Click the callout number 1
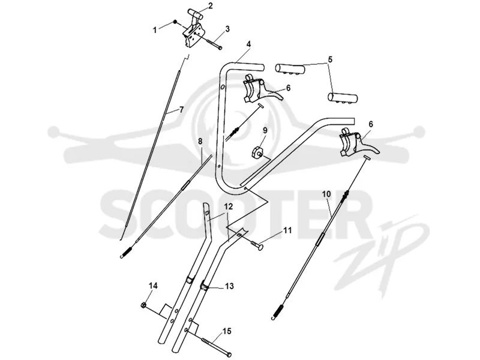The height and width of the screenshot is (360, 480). click(x=155, y=30)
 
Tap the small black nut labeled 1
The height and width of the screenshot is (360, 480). click(x=175, y=22)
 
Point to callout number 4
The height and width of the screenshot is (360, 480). click(x=248, y=44)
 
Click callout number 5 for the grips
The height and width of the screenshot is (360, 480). click(x=329, y=59)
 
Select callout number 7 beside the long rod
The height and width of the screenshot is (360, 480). click(x=181, y=109)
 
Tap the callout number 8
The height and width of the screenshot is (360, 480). click(x=200, y=141)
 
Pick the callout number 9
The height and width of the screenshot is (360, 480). click(x=265, y=130)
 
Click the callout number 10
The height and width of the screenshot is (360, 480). click(x=326, y=194)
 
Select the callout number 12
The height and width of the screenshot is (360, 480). click(x=228, y=206)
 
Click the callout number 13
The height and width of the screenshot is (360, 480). click(x=229, y=286)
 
